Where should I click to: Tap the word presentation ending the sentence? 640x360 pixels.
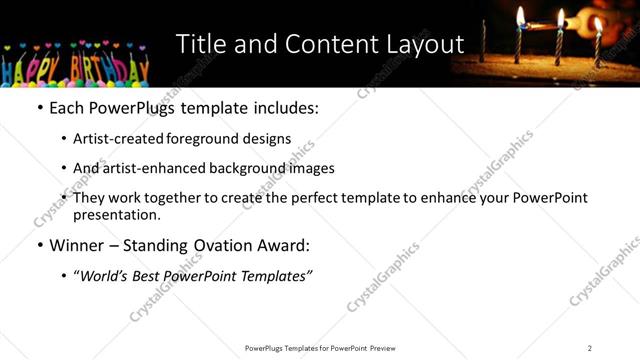pyautogui.click(x=116, y=214)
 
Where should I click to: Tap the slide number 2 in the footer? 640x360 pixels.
pyautogui.click(x=590, y=348)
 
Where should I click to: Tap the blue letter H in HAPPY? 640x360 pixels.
pyautogui.click(x=11, y=70)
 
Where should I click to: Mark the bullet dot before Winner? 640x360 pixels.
pyautogui.click(x=40, y=246)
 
